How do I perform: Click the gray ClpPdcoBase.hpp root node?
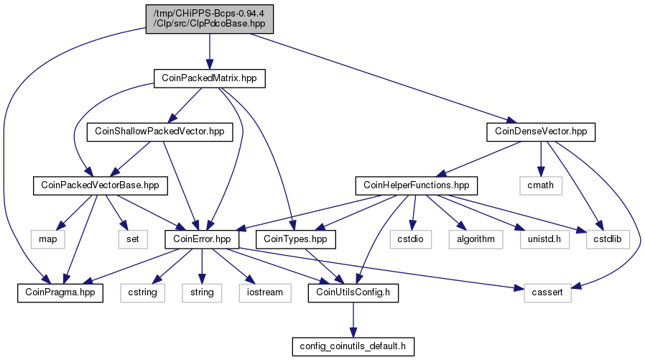[x=210, y=19]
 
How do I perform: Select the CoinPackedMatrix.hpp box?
[x=210, y=78]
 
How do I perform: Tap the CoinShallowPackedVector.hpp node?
[x=159, y=131]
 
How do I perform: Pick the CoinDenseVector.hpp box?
[x=541, y=131]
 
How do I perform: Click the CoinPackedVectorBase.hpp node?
[x=101, y=185]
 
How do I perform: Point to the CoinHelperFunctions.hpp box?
[x=417, y=185]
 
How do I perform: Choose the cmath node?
[x=541, y=185]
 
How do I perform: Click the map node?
[x=47, y=239]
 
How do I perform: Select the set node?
[x=133, y=239]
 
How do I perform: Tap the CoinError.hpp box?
[x=202, y=239]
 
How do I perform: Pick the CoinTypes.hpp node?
[x=295, y=239]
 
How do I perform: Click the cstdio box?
[x=411, y=239]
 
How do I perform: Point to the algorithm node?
[x=476, y=239]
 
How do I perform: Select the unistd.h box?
[x=544, y=239]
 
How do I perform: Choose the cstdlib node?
[x=608, y=239]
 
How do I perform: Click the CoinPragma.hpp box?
[x=60, y=292]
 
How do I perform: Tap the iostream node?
[x=265, y=292]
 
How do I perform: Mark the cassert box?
[x=547, y=292]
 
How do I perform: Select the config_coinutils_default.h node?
[x=353, y=346]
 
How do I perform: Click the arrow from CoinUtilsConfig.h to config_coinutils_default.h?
[x=353, y=320]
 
